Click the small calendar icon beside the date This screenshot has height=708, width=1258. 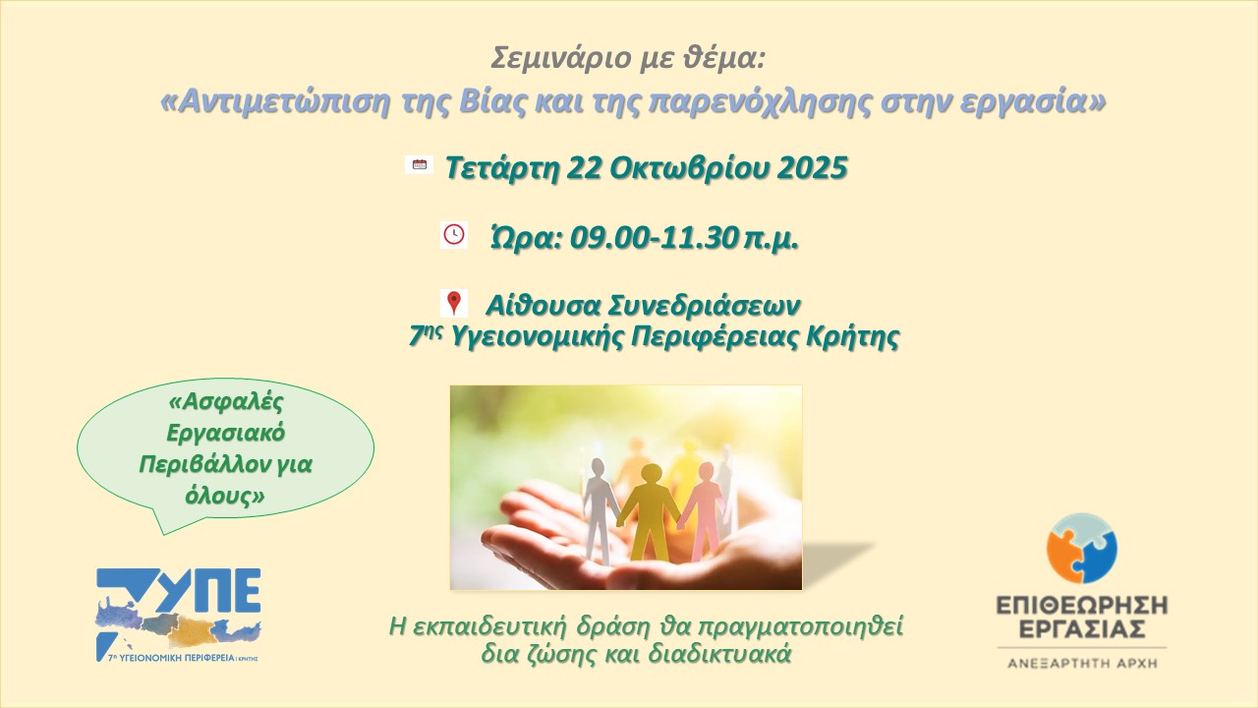[419, 164]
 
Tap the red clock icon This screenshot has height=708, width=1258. [454, 235]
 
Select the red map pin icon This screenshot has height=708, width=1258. [454, 303]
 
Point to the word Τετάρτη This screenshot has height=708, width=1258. [502, 167]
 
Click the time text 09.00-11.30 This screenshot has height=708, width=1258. [654, 238]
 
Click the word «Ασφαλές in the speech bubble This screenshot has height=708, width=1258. [226, 402]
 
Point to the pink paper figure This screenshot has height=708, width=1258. [701, 508]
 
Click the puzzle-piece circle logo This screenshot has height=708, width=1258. [1082, 548]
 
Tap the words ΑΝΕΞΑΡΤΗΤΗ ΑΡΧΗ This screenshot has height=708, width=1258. [1082, 664]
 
